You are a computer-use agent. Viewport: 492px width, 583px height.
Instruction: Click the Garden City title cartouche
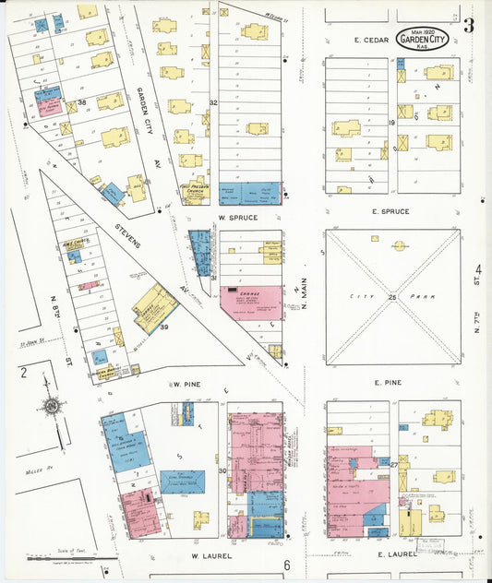[x=426, y=41]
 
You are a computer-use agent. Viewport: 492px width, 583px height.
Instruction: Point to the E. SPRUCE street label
[x=390, y=212]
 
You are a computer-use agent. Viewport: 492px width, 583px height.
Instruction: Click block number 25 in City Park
[x=392, y=297]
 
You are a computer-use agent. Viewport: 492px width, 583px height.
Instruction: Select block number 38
[x=81, y=102]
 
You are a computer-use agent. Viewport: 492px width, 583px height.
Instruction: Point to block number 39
[x=165, y=327]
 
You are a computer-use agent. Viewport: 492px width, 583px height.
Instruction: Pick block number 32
[x=212, y=101]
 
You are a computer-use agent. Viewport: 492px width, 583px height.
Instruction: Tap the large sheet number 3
[x=469, y=25]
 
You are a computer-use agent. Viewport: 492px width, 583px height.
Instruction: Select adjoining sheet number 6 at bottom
[x=287, y=565]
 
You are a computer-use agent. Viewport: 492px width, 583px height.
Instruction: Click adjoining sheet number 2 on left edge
[x=23, y=374]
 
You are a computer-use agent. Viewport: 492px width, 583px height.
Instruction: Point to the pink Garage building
[x=251, y=301]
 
